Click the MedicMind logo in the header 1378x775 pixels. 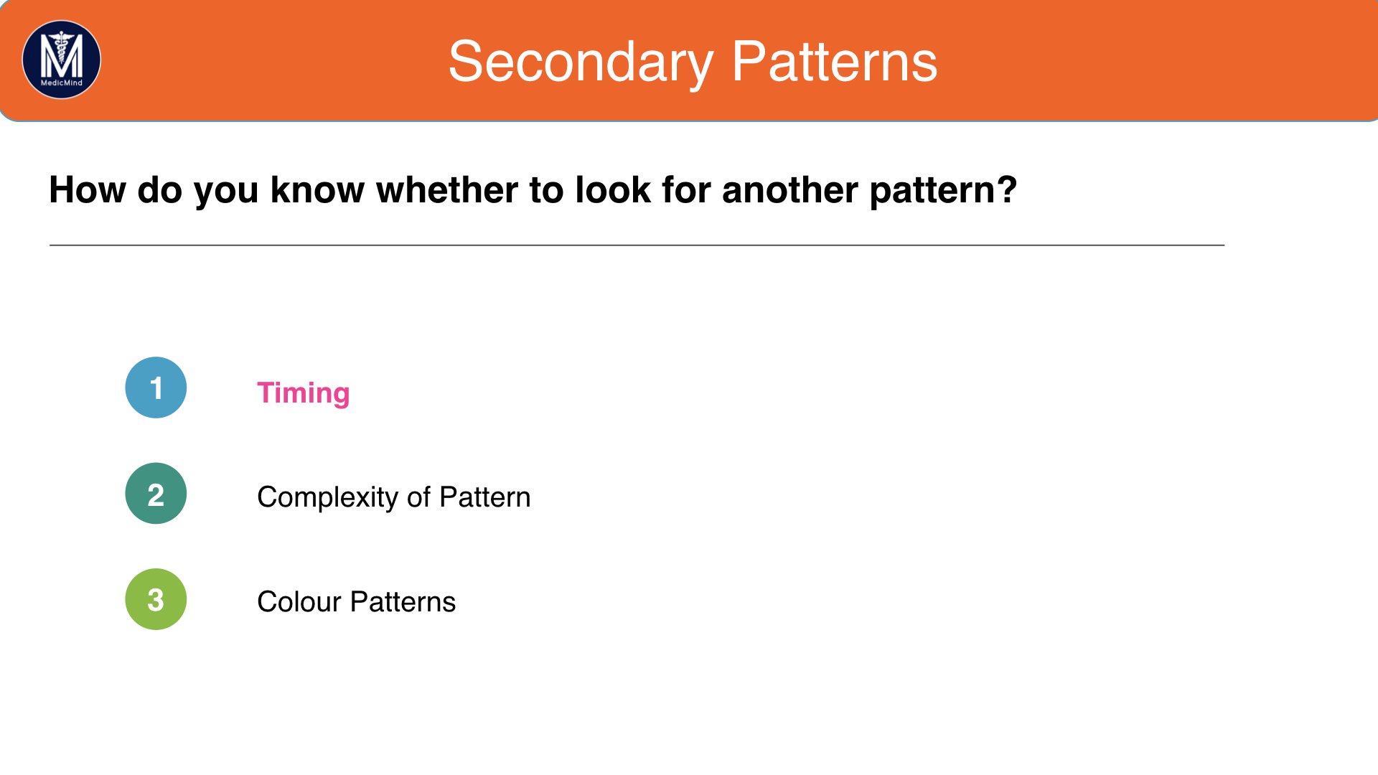[x=62, y=60]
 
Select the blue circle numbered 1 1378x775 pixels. [x=156, y=387]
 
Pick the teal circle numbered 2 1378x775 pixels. [x=156, y=494]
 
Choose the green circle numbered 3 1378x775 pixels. [x=156, y=599]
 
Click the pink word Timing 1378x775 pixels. [x=304, y=394]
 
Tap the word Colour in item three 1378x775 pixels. [x=299, y=602]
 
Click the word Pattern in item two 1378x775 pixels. [x=485, y=497]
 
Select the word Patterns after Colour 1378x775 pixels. [x=403, y=602]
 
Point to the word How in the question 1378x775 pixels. [x=88, y=190]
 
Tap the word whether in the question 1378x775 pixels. [x=446, y=190]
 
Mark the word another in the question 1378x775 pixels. [x=790, y=190]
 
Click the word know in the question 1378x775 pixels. [x=317, y=190]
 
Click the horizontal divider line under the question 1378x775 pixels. [x=637, y=245]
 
